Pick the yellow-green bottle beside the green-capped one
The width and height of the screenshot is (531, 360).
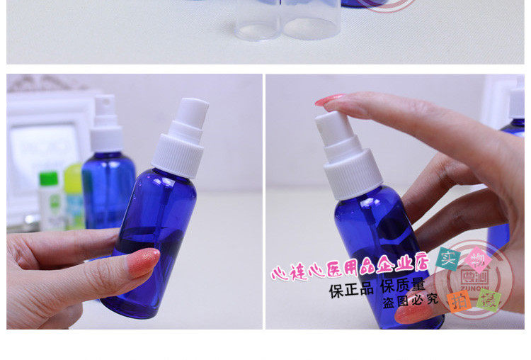(73, 191)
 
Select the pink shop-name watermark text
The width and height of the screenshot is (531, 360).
(350, 267)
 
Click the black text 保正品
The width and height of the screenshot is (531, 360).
(351, 290)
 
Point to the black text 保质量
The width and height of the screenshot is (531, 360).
(403, 288)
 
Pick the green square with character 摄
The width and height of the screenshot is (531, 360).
(489, 300)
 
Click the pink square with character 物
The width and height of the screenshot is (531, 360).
(476, 255)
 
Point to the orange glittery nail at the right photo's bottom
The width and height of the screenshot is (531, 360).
(411, 312)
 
